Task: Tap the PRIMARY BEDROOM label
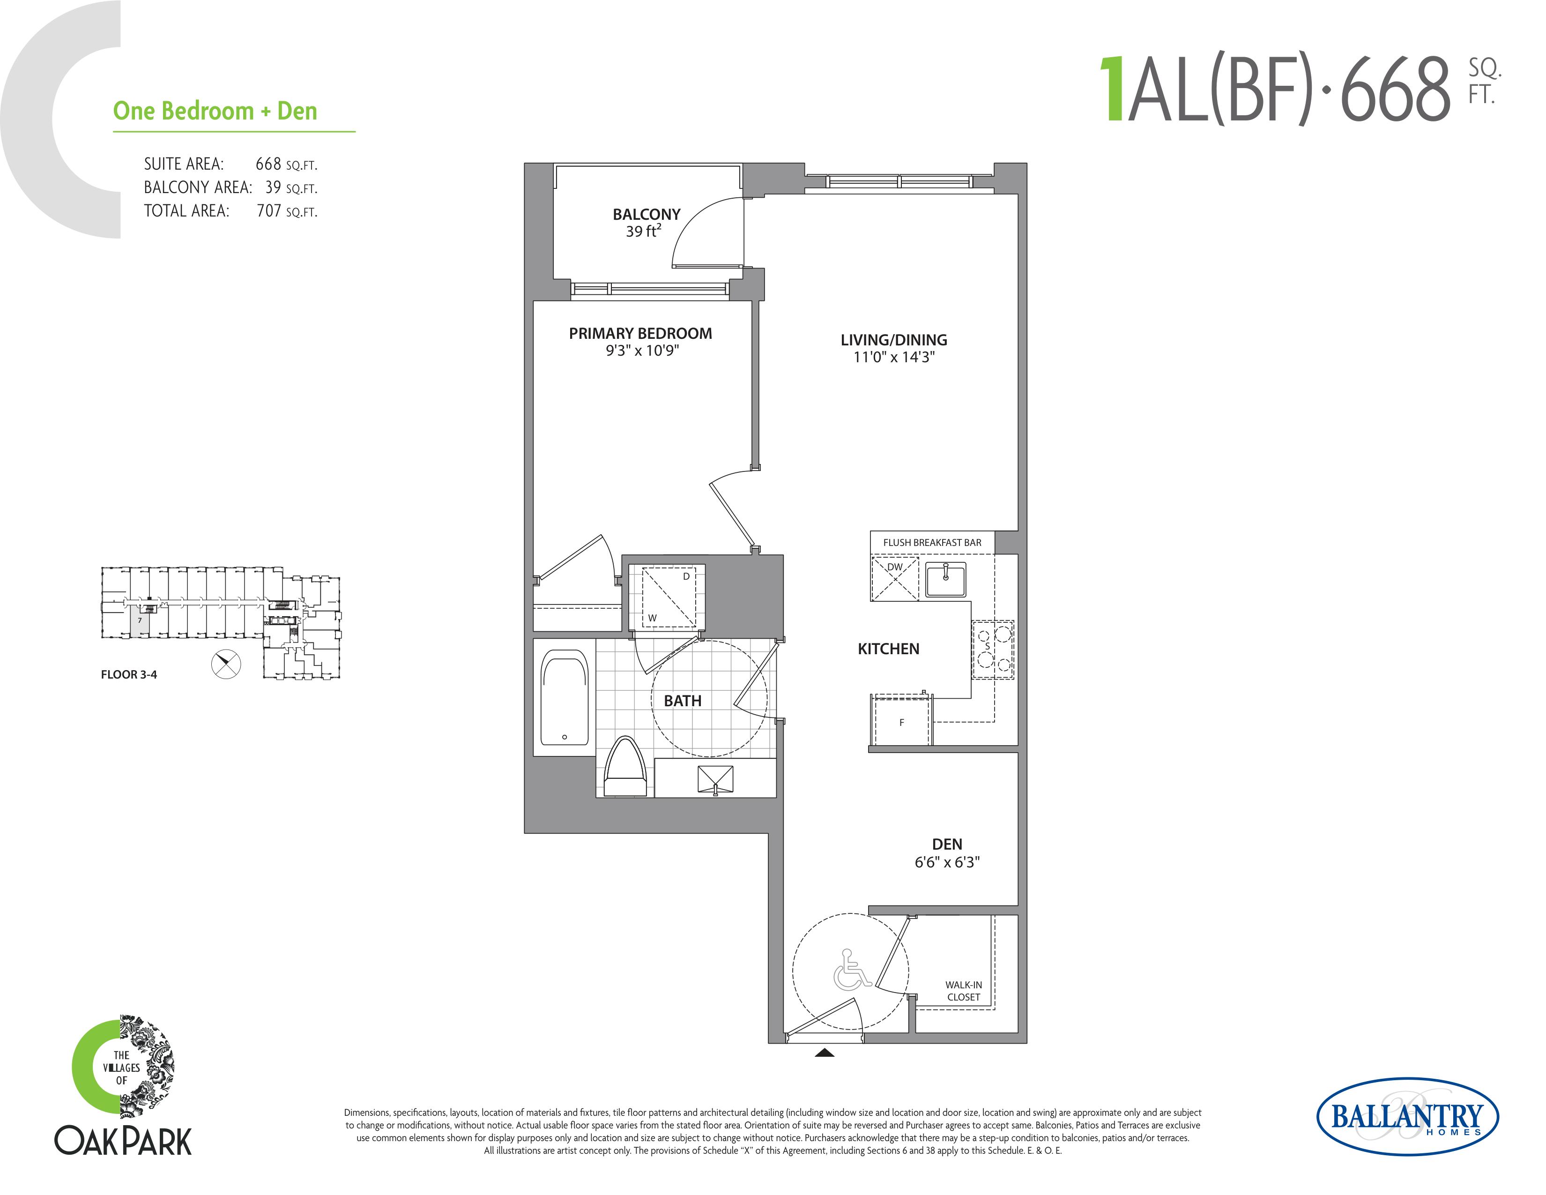click(640, 334)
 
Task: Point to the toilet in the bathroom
click(625, 768)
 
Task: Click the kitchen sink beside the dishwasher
click(946, 581)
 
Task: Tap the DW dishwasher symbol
click(895, 578)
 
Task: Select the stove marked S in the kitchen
click(992, 649)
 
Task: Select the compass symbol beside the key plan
click(227, 664)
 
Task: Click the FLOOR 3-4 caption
click(129, 675)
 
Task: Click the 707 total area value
click(269, 211)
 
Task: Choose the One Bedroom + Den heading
click(215, 111)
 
